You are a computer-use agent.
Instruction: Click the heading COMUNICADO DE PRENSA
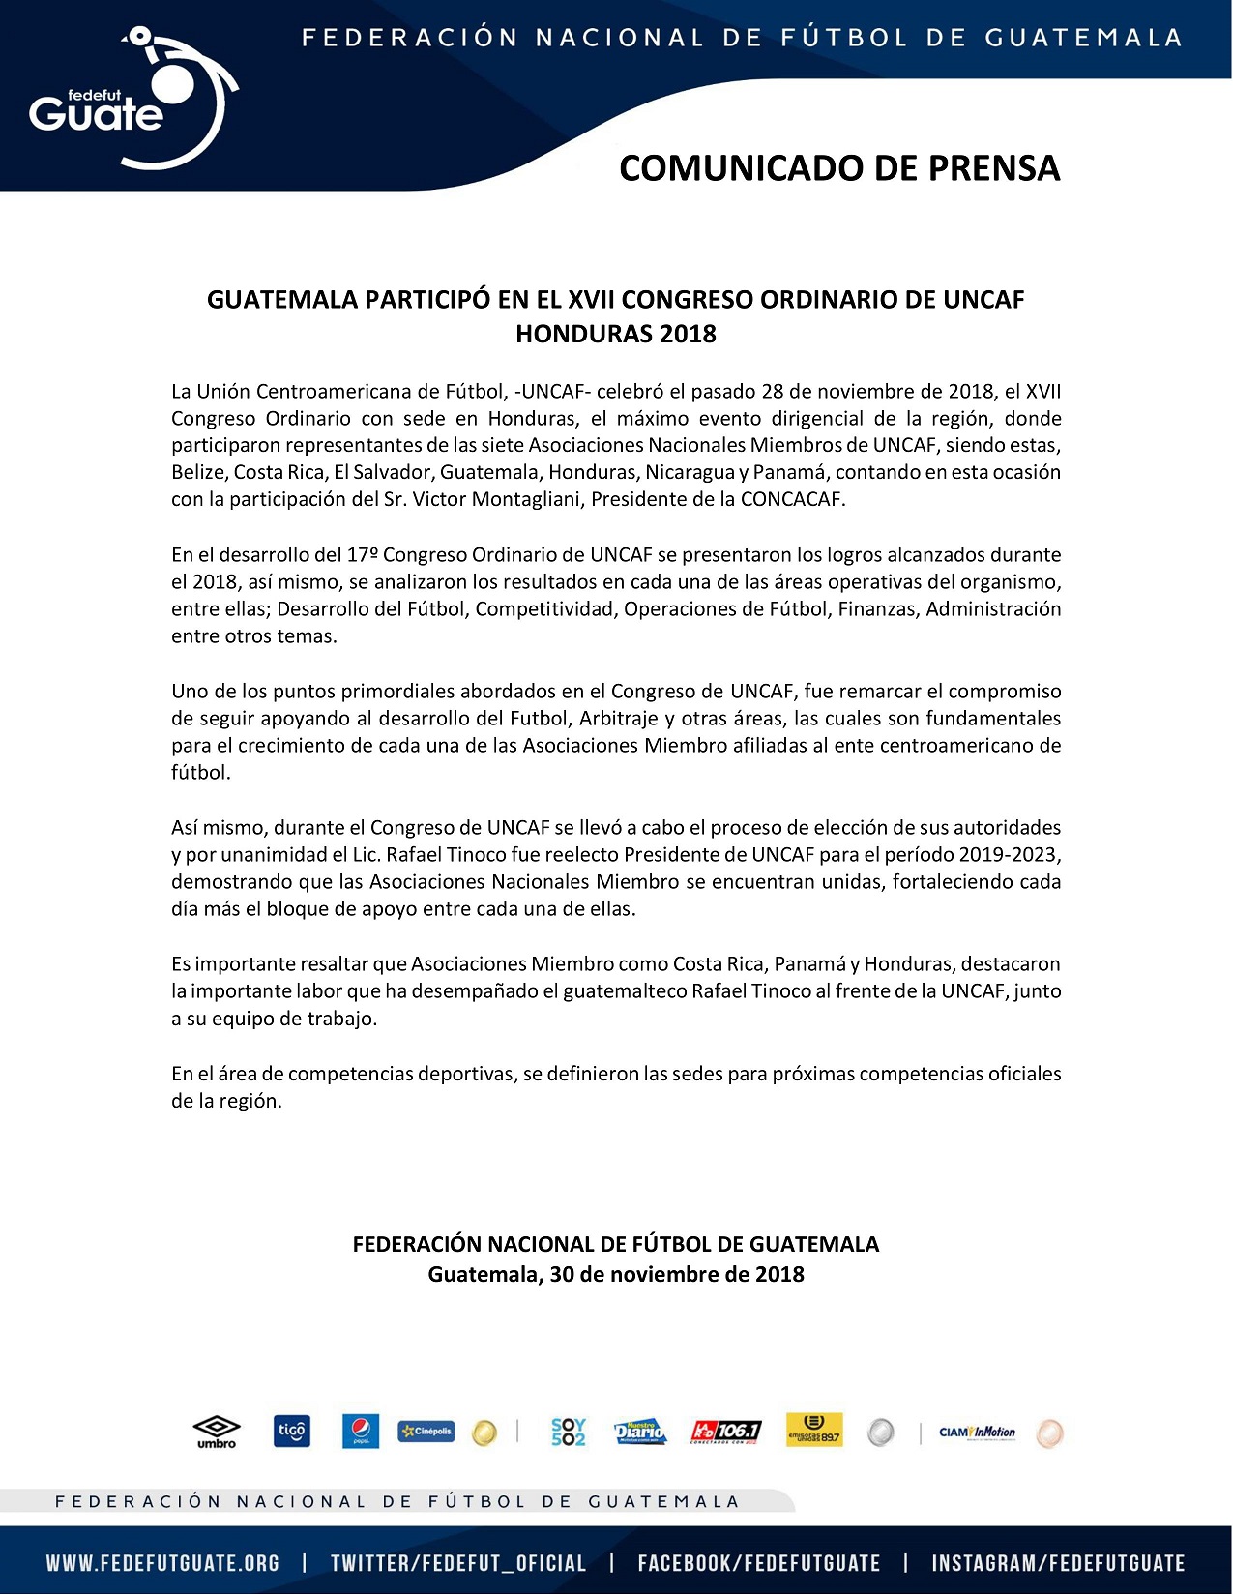click(x=839, y=168)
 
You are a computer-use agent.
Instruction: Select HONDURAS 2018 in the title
click(x=616, y=334)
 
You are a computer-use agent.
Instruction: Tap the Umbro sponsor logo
click(x=217, y=1431)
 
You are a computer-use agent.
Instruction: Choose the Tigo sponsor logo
click(x=292, y=1431)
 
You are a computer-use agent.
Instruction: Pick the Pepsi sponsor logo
click(x=361, y=1431)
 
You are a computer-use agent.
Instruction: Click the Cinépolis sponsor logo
click(x=426, y=1431)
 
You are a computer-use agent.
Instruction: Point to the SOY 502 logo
click(x=569, y=1432)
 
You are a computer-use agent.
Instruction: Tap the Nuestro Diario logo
click(x=640, y=1432)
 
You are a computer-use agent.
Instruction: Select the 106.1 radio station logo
click(x=725, y=1432)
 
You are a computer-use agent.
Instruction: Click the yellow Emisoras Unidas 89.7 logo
click(x=814, y=1430)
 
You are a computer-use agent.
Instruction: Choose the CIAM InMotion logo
click(x=977, y=1432)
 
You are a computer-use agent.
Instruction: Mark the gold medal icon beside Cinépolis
click(x=484, y=1433)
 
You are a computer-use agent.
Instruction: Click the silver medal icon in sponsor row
click(x=880, y=1432)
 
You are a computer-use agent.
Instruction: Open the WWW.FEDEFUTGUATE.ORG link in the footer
click(x=162, y=1563)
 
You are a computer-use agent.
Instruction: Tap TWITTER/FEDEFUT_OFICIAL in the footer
click(x=458, y=1563)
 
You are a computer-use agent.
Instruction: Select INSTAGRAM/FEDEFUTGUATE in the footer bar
click(x=1058, y=1563)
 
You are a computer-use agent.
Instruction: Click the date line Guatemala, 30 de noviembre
click(x=616, y=1274)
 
